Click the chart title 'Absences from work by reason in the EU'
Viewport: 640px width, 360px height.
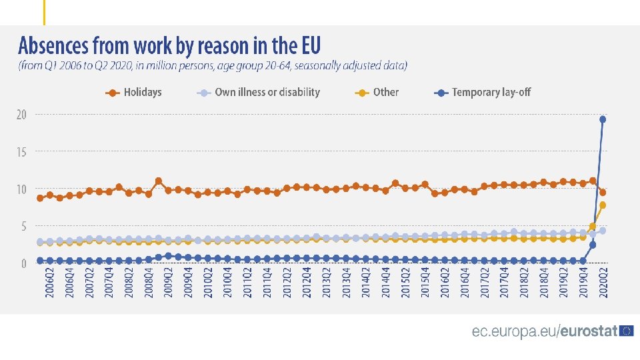pyautogui.click(x=169, y=46)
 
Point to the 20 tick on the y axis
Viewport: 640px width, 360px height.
pyautogui.click(x=22, y=115)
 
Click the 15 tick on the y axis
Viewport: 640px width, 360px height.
pyautogui.click(x=22, y=152)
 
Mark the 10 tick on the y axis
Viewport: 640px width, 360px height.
pyautogui.click(x=22, y=189)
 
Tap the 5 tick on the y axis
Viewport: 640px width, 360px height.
pyautogui.click(x=24, y=227)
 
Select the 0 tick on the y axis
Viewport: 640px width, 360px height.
pyautogui.click(x=24, y=264)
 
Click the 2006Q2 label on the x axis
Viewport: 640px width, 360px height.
pyautogui.click(x=49, y=284)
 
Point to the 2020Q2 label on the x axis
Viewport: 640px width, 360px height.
pyautogui.click(x=603, y=284)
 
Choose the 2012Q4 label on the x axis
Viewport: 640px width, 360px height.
pyautogui.click(x=307, y=284)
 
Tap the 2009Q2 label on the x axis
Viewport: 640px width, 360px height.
pyautogui.click(x=168, y=284)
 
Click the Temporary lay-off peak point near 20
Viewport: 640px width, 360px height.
pyautogui.click(x=603, y=119)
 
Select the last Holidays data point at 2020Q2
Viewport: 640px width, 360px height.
pyautogui.click(x=603, y=193)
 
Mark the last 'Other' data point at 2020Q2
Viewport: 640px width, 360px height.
pyautogui.click(x=603, y=205)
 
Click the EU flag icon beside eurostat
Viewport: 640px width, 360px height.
pyautogui.click(x=626, y=331)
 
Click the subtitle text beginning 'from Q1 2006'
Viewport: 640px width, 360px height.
pyautogui.click(x=213, y=66)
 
